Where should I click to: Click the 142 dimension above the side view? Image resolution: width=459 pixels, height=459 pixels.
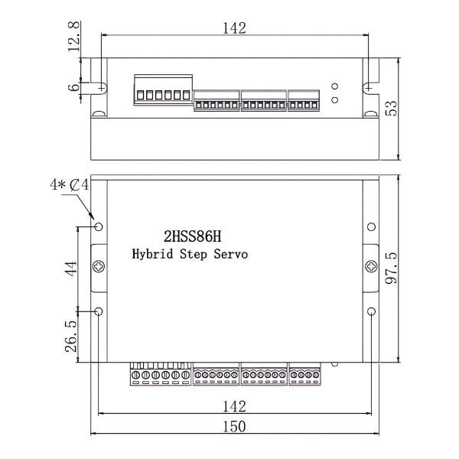234,28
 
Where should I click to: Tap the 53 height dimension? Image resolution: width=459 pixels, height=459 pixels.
391,107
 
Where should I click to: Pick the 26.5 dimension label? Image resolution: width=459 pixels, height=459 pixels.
71,336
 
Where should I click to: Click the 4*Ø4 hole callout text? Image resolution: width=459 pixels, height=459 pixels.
70,186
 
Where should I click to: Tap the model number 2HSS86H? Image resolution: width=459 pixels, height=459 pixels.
193,236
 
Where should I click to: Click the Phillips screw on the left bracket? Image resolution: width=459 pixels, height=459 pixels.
99,267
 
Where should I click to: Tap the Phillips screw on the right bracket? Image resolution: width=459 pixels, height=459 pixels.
371,267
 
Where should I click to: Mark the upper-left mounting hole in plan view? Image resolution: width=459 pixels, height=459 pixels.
99,227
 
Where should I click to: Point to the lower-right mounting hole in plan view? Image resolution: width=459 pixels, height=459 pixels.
371,311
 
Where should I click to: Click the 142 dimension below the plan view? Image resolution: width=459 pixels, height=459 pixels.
234,405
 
